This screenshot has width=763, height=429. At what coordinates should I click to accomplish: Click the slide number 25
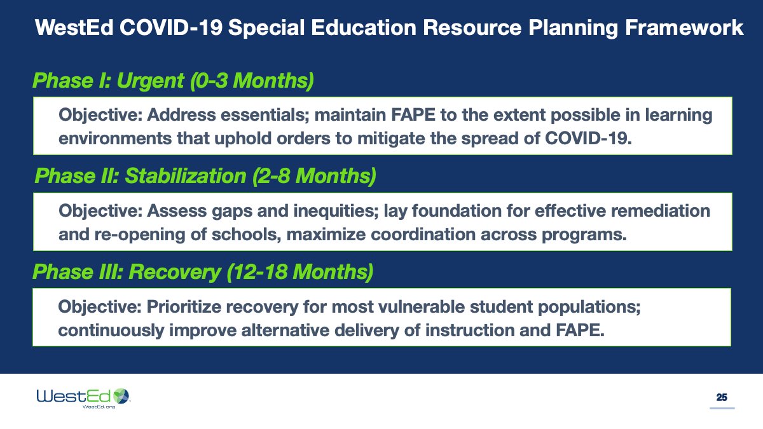(x=722, y=398)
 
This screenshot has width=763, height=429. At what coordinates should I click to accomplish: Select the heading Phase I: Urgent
(x=173, y=81)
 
